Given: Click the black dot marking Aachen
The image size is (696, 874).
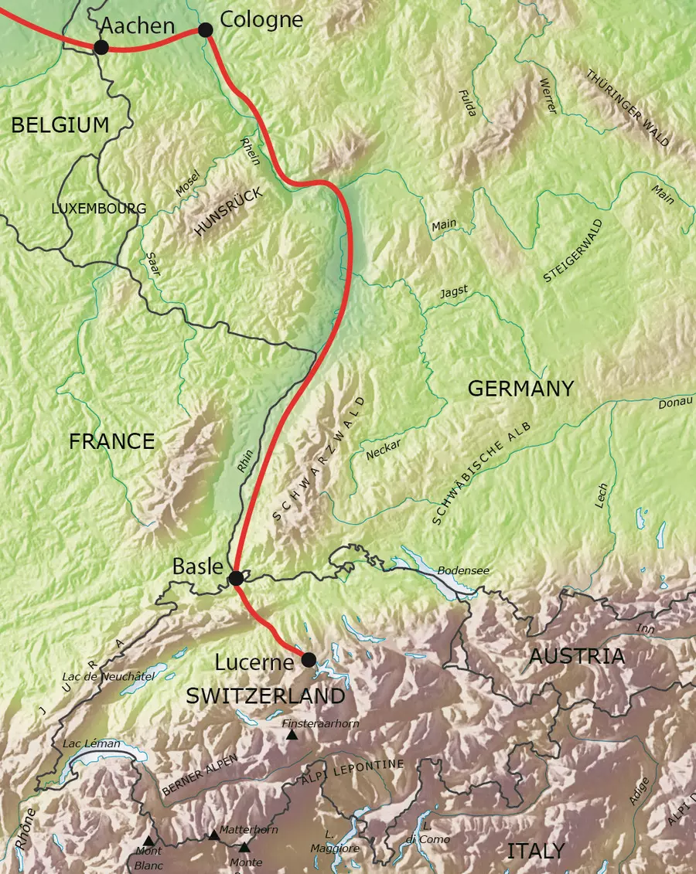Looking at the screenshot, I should pyautogui.click(x=101, y=47).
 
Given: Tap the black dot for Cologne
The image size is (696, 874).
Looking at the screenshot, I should pyautogui.click(x=205, y=29).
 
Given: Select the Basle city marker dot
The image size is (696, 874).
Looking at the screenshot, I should pyautogui.click(x=236, y=577).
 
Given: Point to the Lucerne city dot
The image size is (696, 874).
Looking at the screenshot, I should pyautogui.click(x=309, y=659).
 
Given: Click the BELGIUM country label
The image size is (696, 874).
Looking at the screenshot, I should pyautogui.click(x=60, y=125).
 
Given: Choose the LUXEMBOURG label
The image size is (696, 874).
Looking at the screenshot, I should pyautogui.click(x=98, y=209).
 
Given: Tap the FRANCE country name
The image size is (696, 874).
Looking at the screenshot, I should pyautogui.click(x=111, y=441).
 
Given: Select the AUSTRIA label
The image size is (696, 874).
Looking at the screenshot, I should pyautogui.click(x=576, y=656).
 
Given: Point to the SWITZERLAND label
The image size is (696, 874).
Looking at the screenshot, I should pyautogui.click(x=265, y=695).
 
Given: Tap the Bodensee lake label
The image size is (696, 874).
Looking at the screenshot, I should pyautogui.click(x=463, y=570).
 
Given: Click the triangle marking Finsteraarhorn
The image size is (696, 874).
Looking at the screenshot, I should pyautogui.click(x=292, y=735).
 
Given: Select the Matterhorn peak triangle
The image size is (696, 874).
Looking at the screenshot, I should pyautogui.click(x=213, y=835).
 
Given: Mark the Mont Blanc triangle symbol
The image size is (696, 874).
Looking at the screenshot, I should pyautogui.click(x=148, y=841).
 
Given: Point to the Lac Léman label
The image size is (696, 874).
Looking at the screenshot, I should pyautogui.click(x=91, y=743).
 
